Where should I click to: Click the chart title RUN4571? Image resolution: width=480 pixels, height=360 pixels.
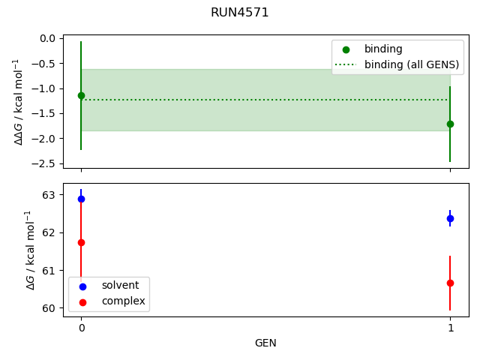click(239, 13)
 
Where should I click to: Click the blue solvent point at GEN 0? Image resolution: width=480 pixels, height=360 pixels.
click(81, 199)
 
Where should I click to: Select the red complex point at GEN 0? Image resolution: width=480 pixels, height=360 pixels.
click(81, 242)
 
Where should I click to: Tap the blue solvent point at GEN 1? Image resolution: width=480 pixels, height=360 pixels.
click(450, 218)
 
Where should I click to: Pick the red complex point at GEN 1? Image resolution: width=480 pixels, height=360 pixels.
click(450, 283)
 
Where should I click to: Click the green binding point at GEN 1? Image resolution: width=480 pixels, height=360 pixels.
click(450, 124)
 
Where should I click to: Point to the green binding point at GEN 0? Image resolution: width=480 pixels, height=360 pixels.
click(81, 95)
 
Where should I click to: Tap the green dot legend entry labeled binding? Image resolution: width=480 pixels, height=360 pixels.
click(383, 49)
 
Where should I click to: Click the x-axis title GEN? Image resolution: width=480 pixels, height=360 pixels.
click(265, 343)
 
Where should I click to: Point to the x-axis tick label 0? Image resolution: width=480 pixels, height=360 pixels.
click(81, 328)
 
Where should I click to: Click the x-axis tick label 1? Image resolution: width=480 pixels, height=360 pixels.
click(450, 328)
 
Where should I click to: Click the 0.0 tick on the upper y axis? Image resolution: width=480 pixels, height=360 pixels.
click(49, 38)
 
